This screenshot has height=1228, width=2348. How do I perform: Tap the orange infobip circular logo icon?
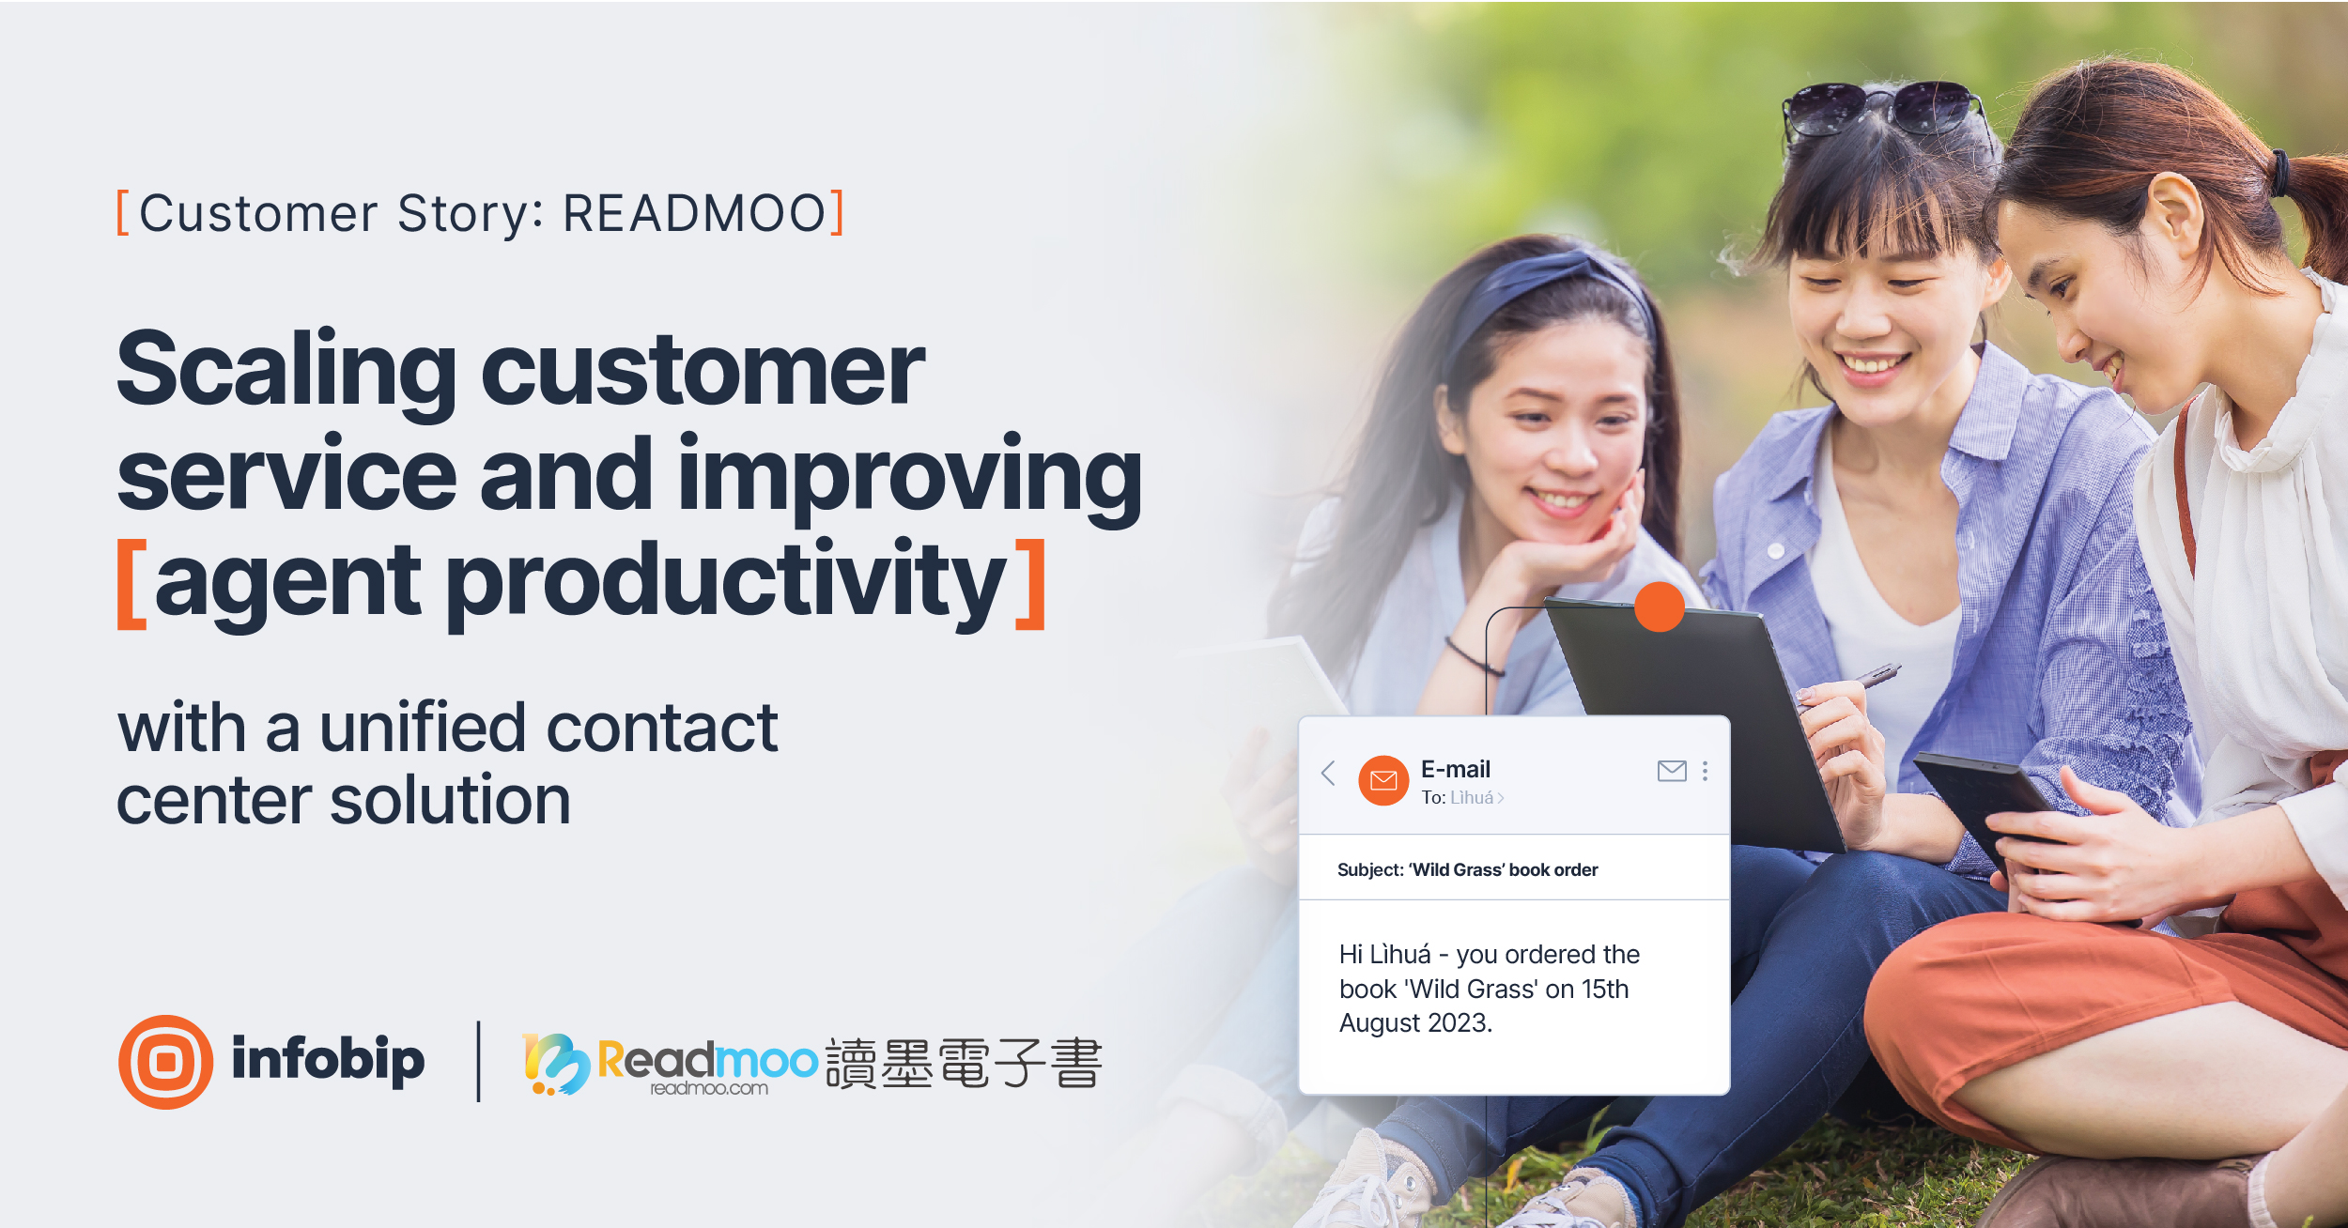click(166, 1062)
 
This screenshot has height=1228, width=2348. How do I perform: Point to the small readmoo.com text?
click(709, 1089)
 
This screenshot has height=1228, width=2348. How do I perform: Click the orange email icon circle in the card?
click(1383, 780)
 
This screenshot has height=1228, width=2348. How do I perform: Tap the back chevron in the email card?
click(1328, 773)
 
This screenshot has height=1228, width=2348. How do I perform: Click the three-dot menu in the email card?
click(1705, 771)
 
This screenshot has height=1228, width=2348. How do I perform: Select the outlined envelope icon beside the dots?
click(1672, 771)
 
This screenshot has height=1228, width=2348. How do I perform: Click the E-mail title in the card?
click(1455, 770)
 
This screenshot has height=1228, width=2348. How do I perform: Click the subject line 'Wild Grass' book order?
click(1467, 870)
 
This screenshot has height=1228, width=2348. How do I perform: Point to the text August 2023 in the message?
click(1414, 1023)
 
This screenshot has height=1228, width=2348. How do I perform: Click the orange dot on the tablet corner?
click(1660, 606)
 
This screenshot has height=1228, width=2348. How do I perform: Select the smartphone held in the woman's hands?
click(1982, 798)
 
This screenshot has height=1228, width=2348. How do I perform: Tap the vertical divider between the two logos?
click(479, 1062)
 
